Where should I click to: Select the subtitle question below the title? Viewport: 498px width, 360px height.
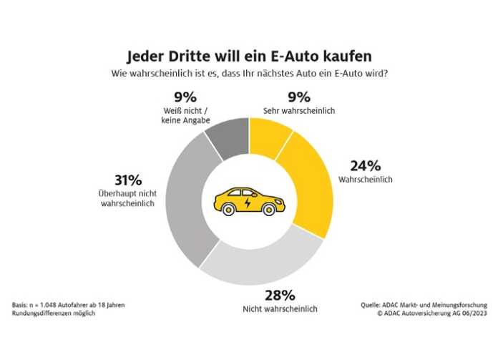(249, 72)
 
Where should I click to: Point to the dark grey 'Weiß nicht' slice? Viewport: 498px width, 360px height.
(229, 137)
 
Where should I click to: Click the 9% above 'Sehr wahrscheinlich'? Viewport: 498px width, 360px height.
(280, 98)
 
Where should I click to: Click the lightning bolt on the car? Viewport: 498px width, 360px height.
(248, 203)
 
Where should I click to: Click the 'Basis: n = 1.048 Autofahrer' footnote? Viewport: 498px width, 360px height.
(69, 305)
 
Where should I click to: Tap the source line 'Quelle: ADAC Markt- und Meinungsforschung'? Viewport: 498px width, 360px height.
(424, 305)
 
